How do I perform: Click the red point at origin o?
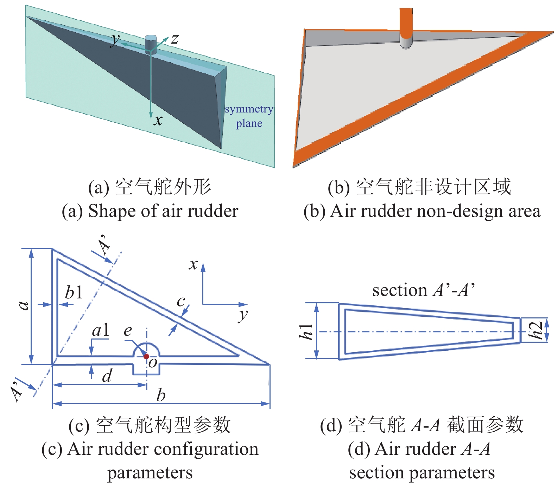146,356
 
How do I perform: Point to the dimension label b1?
74,292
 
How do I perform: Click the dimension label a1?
100,330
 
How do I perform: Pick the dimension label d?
107,376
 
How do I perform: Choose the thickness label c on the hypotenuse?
181,301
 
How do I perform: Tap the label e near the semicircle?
128,331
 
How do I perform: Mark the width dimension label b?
161,395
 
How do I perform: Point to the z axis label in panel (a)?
175,39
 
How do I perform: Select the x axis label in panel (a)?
158,121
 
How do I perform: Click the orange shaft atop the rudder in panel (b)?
406,21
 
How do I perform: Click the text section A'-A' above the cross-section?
424,290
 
